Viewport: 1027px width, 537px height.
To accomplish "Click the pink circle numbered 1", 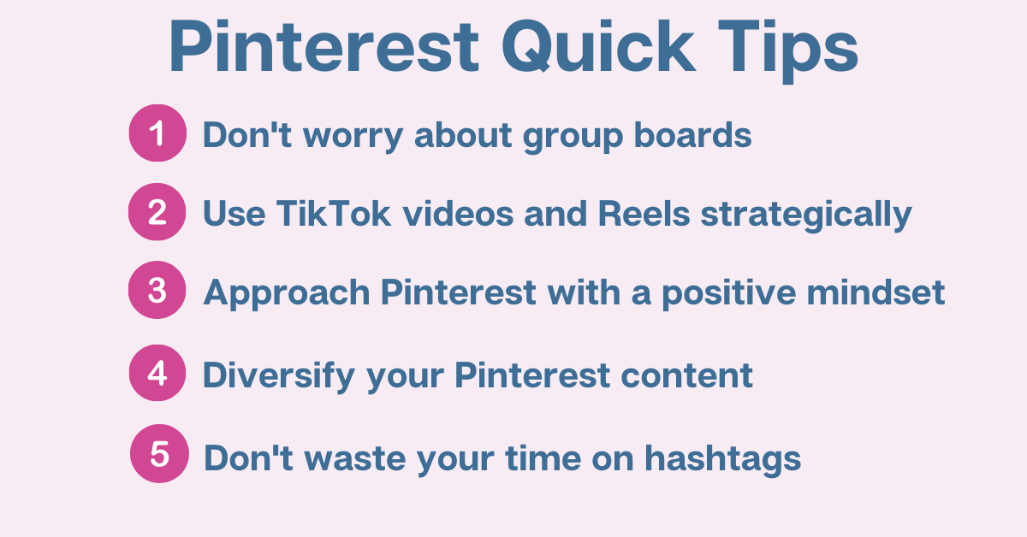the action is point(157,133).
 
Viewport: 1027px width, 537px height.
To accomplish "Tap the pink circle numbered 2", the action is point(157,212).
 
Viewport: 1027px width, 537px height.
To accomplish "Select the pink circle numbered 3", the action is point(157,290).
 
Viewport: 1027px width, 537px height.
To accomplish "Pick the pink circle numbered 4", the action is point(157,373).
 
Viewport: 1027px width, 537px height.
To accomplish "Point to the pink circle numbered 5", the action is point(159,453).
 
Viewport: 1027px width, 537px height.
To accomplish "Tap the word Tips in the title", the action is point(788,51).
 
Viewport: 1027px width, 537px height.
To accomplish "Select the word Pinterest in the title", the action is point(324,46).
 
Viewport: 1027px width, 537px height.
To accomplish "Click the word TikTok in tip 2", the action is point(334,213).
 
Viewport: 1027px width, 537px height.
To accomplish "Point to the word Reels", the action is point(644,213).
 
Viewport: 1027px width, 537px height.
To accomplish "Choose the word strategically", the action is point(806,215).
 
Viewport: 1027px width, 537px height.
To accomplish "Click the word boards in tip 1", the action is point(692,135).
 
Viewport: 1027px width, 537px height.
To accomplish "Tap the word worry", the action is point(353,138).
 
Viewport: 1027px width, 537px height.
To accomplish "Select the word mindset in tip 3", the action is point(876,292).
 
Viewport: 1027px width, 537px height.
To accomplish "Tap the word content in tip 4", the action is point(686,375).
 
